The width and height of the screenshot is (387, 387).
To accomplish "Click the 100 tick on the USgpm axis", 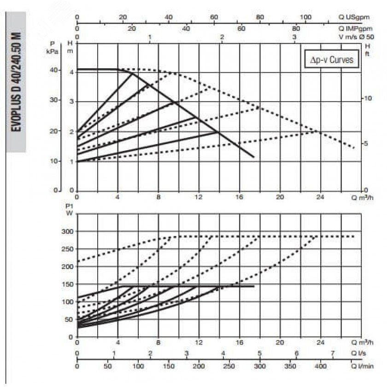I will click(305, 17).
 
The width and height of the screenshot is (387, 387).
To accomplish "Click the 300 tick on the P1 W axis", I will click(67, 232).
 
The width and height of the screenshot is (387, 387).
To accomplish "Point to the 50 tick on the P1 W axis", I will click(69, 319).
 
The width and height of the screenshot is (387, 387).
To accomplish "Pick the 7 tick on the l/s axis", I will click(333, 354).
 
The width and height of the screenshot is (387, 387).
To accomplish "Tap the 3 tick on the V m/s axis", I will click(295, 37).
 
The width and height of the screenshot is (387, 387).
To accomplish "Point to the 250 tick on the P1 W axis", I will click(67, 249).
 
